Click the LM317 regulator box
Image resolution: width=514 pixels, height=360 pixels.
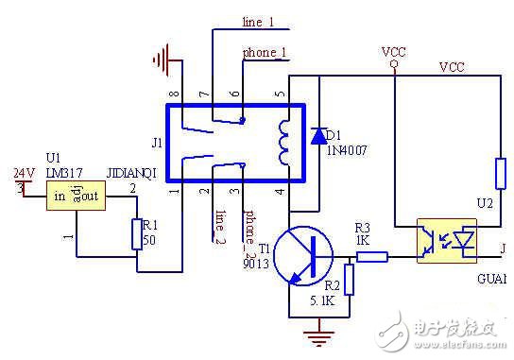click(x=77, y=196)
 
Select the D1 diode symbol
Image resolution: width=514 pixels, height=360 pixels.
click(x=318, y=135)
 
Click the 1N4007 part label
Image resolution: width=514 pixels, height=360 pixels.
click(x=347, y=147)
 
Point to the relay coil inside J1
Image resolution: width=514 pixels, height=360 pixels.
click(x=283, y=142)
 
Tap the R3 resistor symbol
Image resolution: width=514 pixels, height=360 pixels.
click(x=373, y=255)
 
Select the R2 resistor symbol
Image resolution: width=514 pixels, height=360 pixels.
click(x=350, y=280)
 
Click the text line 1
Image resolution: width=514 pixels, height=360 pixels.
click(x=258, y=21)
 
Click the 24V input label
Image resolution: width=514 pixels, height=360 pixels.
click(x=21, y=173)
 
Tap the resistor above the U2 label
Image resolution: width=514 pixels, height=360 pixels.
click(x=500, y=175)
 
